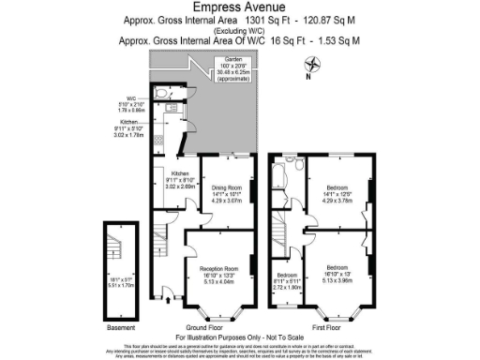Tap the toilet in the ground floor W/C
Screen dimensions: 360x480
pyautogui.click(x=163, y=93)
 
